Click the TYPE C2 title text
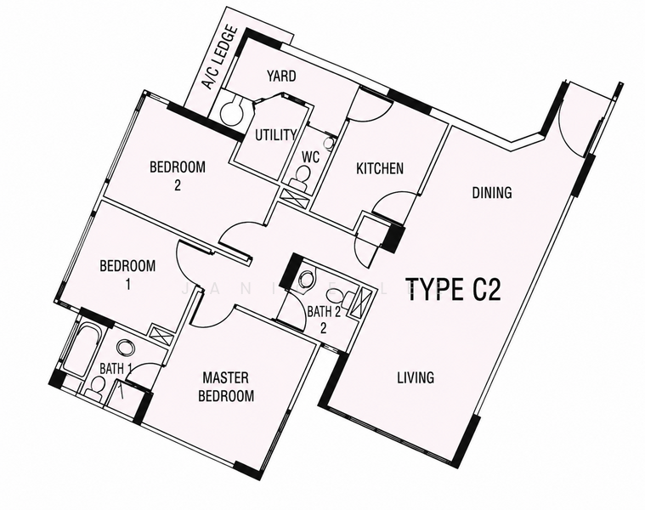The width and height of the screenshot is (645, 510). click(x=453, y=289)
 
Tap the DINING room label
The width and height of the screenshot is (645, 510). click(x=492, y=192)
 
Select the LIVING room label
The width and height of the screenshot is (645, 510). click(x=416, y=377)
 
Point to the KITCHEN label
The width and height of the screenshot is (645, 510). click(x=380, y=168)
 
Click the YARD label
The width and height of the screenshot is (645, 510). click(x=281, y=76)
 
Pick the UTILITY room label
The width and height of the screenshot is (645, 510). click(x=275, y=135)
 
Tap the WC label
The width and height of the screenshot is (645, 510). click(x=310, y=157)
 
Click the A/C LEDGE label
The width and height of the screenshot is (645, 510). click(x=221, y=58)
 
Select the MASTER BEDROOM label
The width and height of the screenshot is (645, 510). click(x=226, y=387)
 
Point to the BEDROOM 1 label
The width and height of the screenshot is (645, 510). click(x=127, y=275)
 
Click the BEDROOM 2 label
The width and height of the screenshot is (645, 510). click(x=178, y=176)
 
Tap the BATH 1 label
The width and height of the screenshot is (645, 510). click(x=116, y=369)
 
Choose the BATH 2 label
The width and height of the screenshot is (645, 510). click(x=324, y=319)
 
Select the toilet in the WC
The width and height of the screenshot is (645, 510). click(x=302, y=176)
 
